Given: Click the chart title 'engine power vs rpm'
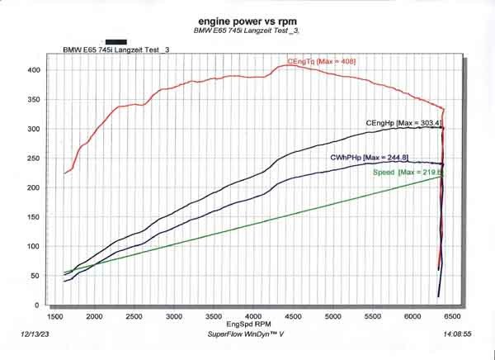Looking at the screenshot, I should coord(247,20).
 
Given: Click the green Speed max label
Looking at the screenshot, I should coord(408,173).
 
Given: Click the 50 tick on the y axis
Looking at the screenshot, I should coord(35,276).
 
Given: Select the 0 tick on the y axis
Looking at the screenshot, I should coord(37,306).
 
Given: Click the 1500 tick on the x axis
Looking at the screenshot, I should coord(55,316).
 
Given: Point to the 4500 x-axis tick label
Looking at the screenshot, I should coord(294,316).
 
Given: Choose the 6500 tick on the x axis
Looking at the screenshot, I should coord(452,316).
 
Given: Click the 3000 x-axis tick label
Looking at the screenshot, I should coord(174,316).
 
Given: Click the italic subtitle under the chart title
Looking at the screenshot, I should coord(247,31).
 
